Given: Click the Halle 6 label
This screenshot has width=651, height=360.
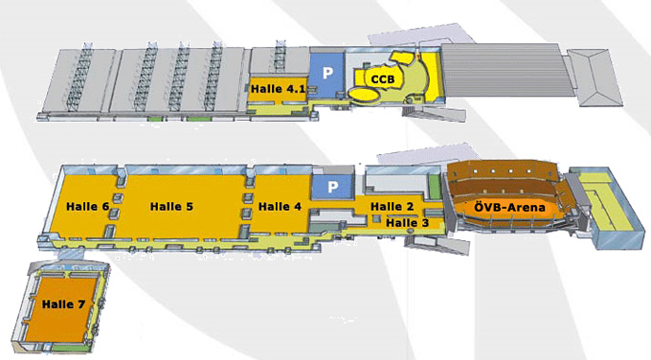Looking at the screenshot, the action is (x=85, y=206).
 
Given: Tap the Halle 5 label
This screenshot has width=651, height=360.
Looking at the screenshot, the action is (x=171, y=206).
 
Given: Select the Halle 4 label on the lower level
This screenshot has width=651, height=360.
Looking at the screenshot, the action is (x=280, y=206).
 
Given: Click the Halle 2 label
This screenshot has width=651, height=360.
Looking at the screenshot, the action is (x=391, y=206).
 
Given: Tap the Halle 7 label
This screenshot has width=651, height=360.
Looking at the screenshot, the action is (x=64, y=304).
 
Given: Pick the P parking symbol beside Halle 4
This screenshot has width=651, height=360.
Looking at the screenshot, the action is (x=334, y=187).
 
